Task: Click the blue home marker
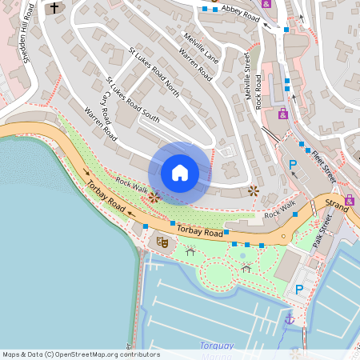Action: (180, 172)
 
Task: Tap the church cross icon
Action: (55, 9)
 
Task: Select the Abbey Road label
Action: (241, 10)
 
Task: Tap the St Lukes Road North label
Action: (154, 73)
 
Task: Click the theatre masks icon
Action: (162, 242)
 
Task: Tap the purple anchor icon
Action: (290, 319)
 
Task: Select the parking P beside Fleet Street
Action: (293, 165)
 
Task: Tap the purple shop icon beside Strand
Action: (350, 200)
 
